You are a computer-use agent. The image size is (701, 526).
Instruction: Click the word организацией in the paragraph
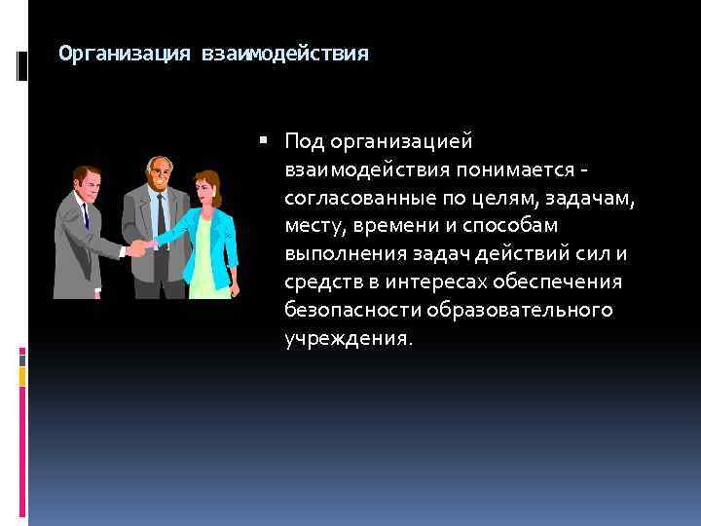tap(402, 142)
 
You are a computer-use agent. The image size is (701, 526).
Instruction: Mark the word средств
tap(321, 282)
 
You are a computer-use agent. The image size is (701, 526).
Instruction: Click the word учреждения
tap(346, 339)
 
